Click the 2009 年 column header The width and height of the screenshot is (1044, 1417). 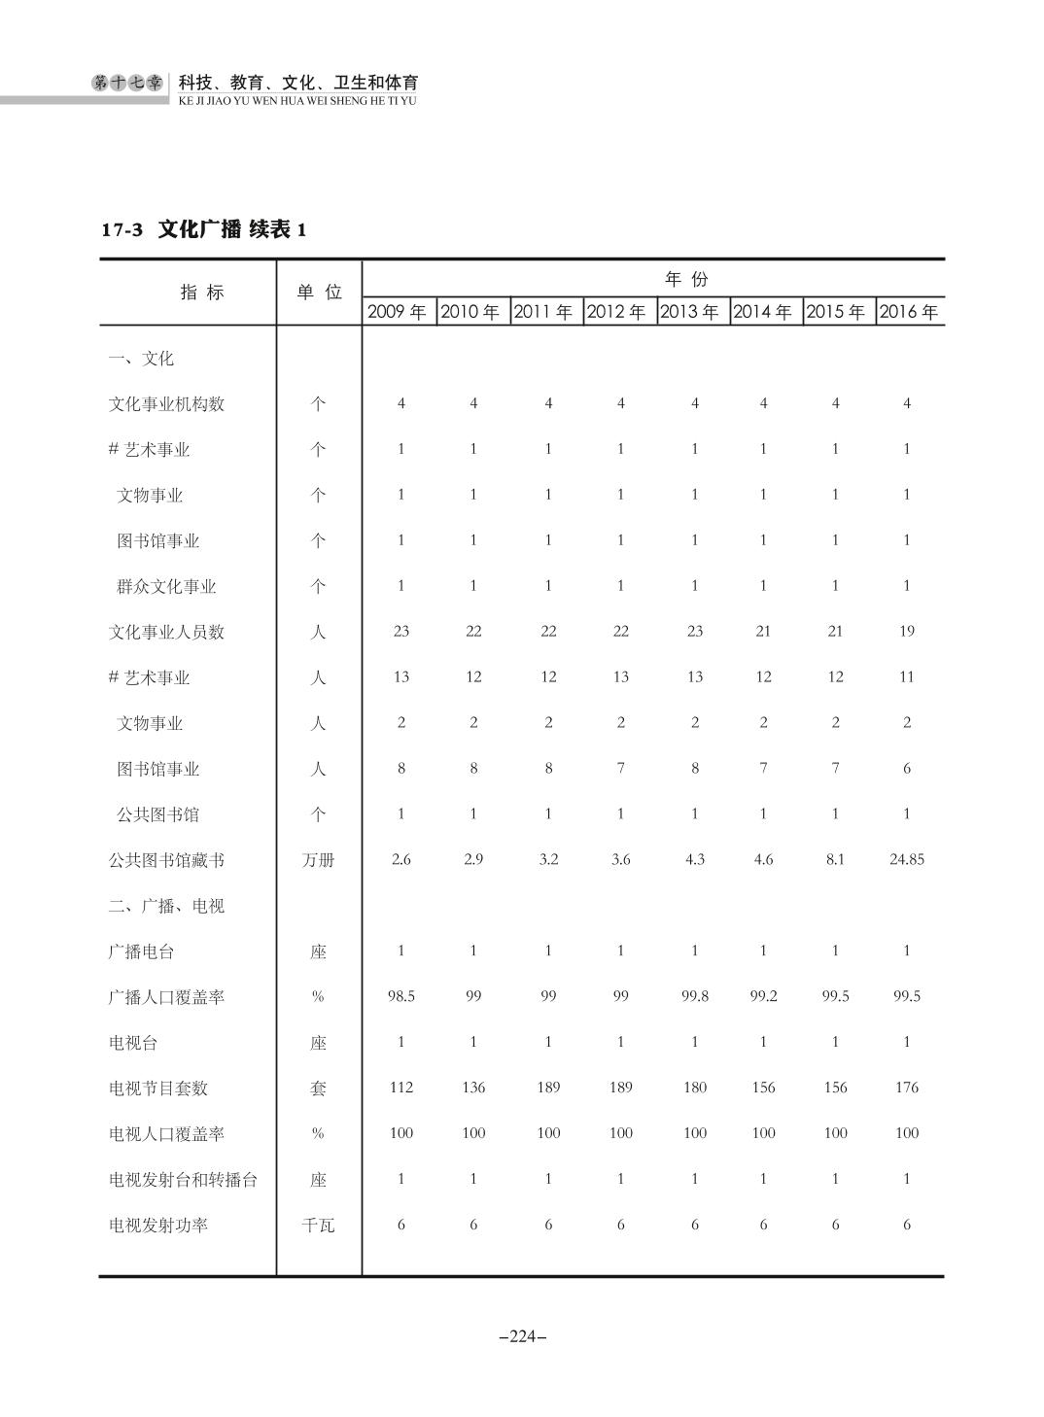coord(398,312)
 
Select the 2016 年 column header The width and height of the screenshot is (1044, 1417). coord(909,312)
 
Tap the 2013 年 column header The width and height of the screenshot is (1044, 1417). coord(689,312)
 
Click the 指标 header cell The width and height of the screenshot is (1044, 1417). coord(202,292)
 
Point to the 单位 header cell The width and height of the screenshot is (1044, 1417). coord(319,292)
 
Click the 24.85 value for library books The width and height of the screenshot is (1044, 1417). coord(906,859)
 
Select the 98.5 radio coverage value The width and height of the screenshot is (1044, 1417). coord(400,996)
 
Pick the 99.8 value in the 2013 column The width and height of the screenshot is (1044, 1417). coord(694,996)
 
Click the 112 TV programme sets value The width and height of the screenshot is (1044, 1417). coord(400,1088)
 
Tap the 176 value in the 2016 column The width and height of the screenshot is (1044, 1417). coord(906,1088)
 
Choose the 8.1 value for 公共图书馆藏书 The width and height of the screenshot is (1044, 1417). coord(835,859)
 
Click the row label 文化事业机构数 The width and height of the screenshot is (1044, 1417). coord(166,403)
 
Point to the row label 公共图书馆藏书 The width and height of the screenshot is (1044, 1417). coord(166,860)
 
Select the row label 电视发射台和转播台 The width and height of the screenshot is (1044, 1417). coord(183,1180)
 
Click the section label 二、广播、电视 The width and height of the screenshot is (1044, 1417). coord(166,906)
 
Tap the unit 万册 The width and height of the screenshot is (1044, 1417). coord(318,860)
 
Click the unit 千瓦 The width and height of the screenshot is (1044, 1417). coord(318,1226)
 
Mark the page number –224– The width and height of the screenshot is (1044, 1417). coord(522,1336)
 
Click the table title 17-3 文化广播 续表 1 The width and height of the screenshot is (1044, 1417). coord(204,230)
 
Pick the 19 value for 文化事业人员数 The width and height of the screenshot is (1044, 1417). coord(906,631)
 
